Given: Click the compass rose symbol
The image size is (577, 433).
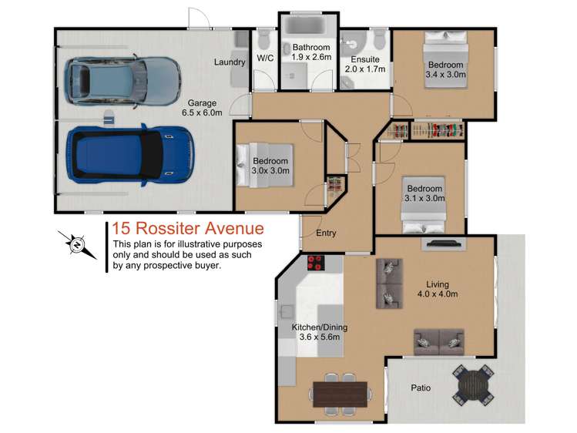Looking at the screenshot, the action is [77, 244].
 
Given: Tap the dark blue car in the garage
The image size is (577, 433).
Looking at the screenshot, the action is [130, 155].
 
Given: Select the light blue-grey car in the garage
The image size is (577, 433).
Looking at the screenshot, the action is [122, 82].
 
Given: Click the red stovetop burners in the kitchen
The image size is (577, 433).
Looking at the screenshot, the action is [316, 263].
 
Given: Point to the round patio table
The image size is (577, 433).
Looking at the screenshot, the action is [473, 385].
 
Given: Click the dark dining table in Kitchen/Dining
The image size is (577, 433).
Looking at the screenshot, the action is [340, 394].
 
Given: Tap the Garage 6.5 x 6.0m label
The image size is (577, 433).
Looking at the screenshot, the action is [202, 108].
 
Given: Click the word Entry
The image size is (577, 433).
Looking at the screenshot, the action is [326, 233].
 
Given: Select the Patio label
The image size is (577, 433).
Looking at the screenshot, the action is [421, 388].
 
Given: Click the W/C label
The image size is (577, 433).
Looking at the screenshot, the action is [265, 58].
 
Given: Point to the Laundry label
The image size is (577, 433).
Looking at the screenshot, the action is [230, 62].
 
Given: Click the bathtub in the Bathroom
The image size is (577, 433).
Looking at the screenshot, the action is [309, 25].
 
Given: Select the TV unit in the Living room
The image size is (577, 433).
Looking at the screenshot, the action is [443, 244].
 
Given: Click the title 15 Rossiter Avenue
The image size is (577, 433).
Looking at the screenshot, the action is [188, 228].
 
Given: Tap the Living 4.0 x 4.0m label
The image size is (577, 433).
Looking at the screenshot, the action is [438, 289].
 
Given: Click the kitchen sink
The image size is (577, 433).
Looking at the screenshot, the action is [286, 311].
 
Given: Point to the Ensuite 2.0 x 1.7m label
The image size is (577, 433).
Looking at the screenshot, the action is [365, 64].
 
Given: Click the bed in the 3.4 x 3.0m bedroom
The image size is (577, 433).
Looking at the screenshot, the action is [446, 60].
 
